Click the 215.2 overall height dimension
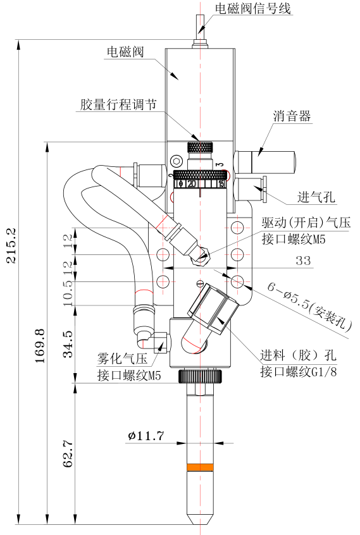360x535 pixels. (x=11, y=245)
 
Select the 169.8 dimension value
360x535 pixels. (x=40, y=346)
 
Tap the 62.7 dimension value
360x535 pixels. (x=68, y=454)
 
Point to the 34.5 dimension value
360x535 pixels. (x=68, y=344)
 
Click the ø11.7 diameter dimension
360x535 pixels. (x=146, y=436)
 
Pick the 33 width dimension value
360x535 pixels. (x=303, y=261)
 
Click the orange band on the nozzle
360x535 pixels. (x=200, y=467)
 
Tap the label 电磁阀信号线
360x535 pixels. (x=253, y=8)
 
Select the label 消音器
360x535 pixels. (x=292, y=116)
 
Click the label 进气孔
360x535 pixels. (x=316, y=197)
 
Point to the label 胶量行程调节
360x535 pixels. (x=118, y=104)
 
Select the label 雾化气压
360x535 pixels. (x=122, y=359)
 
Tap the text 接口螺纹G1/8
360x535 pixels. (x=299, y=371)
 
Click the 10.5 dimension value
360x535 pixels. (x=68, y=293)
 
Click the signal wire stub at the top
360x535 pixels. (x=200, y=25)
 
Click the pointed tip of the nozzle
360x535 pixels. (x=200, y=524)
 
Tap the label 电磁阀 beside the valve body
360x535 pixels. (x=125, y=52)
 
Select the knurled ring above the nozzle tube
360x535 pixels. (x=200, y=376)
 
